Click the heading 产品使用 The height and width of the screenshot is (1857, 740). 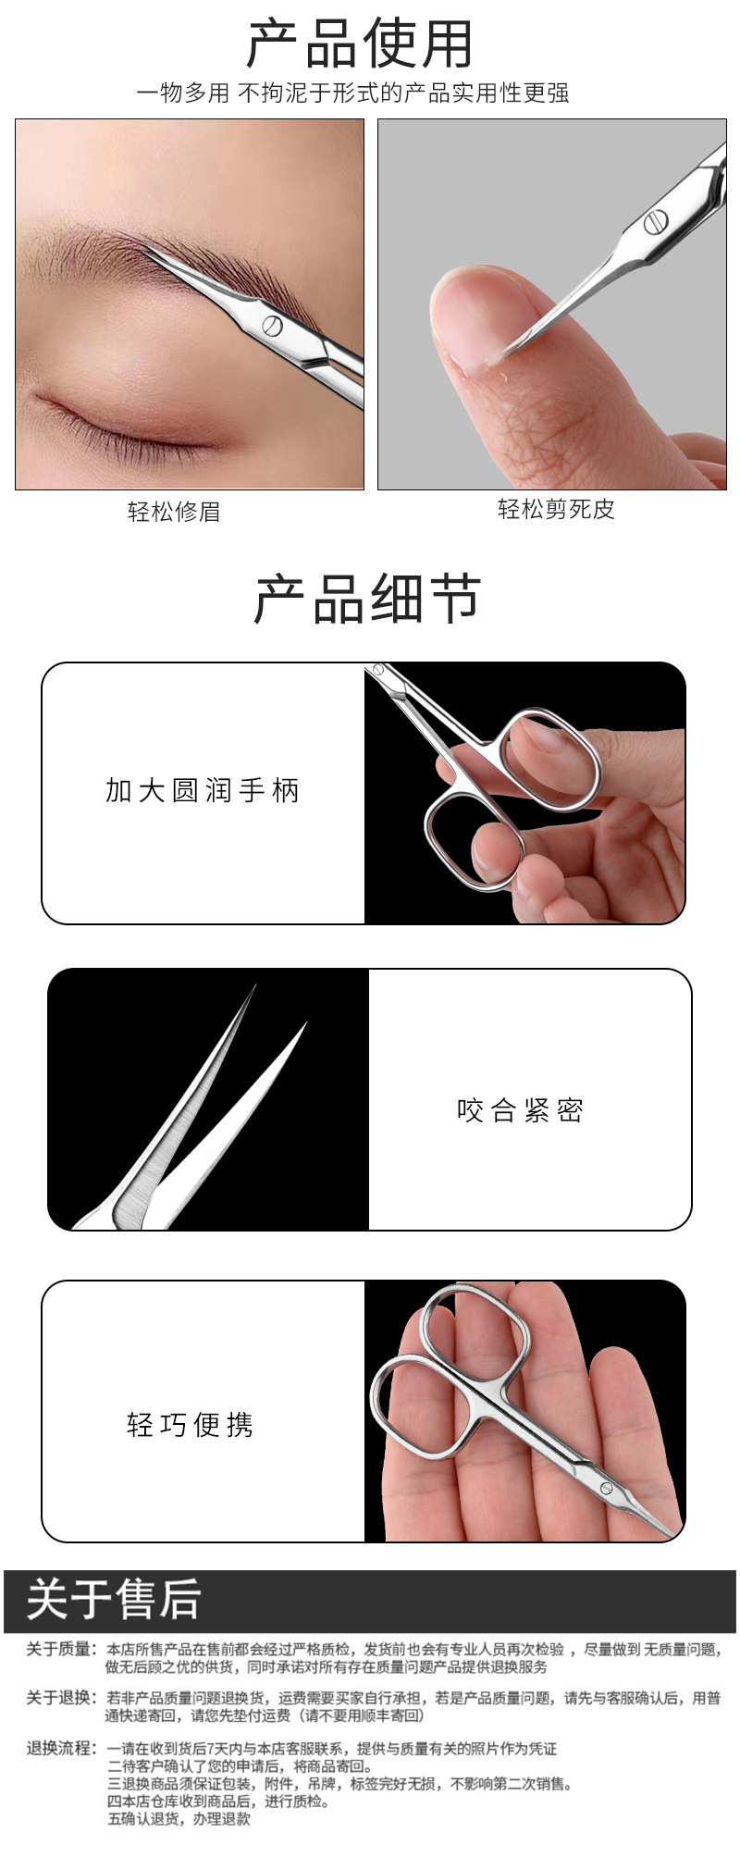tap(360, 43)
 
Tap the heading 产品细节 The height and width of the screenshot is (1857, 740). tap(367, 599)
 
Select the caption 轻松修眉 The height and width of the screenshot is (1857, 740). tap(174, 512)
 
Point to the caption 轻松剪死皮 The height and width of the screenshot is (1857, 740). tap(556, 509)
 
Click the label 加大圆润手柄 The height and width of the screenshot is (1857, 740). tap(203, 791)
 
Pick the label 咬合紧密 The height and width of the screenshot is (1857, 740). tap(520, 1109)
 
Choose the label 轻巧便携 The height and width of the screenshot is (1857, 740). tap(191, 1424)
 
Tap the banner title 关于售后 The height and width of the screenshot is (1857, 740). tap(114, 1599)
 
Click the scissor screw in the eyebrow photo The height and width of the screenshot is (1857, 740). tap(272, 325)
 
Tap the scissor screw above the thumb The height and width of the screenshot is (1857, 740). tap(655, 223)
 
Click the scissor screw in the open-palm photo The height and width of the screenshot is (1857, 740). tap(607, 1489)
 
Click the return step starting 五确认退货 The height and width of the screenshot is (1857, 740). tap(179, 1819)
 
